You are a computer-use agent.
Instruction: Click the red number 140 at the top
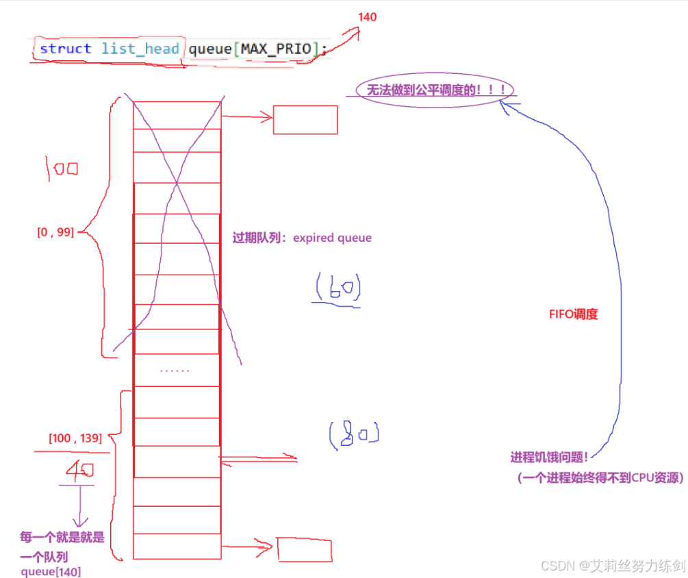pos(368,17)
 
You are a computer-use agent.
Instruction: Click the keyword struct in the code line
pos(65,49)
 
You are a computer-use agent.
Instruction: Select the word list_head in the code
pos(140,49)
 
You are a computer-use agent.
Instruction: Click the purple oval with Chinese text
pos(435,90)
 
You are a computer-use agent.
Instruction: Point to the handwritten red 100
pos(62,168)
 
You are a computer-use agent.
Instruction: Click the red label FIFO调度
pos(573,314)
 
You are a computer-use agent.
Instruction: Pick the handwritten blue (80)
pos(353,434)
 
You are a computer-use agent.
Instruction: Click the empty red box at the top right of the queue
pos(305,120)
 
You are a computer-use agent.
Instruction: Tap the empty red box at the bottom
pos(304,549)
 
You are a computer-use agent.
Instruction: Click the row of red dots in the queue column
pos(175,370)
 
